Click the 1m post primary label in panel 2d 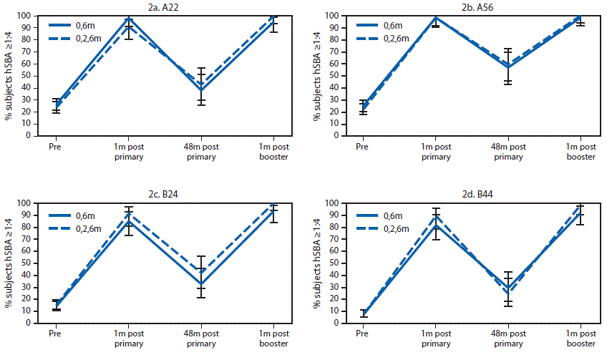click(x=434, y=339)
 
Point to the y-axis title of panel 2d click(x=314, y=263)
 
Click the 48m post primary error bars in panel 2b click(x=508, y=67)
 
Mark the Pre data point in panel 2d click(x=363, y=313)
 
